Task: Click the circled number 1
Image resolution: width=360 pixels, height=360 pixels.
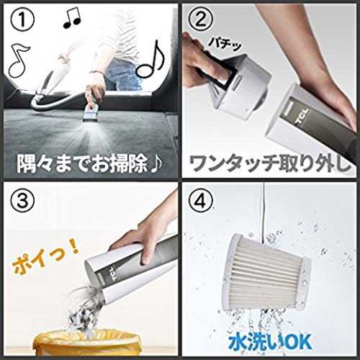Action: [x=22, y=20]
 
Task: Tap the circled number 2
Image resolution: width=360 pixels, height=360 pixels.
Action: [x=200, y=20]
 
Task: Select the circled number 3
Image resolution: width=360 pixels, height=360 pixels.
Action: [x=22, y=200]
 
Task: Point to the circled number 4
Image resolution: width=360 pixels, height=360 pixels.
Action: [x=200, y=200]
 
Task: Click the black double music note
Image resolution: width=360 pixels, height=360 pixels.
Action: [x=72, y=18]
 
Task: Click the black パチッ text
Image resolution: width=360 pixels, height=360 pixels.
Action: [x=225, y=44]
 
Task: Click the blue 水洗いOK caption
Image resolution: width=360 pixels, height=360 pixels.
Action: [x=271, y=342]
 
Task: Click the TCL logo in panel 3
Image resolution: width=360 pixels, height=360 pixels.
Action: [x=114, y=274]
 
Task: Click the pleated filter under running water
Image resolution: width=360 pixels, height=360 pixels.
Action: [x=268, y=271]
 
